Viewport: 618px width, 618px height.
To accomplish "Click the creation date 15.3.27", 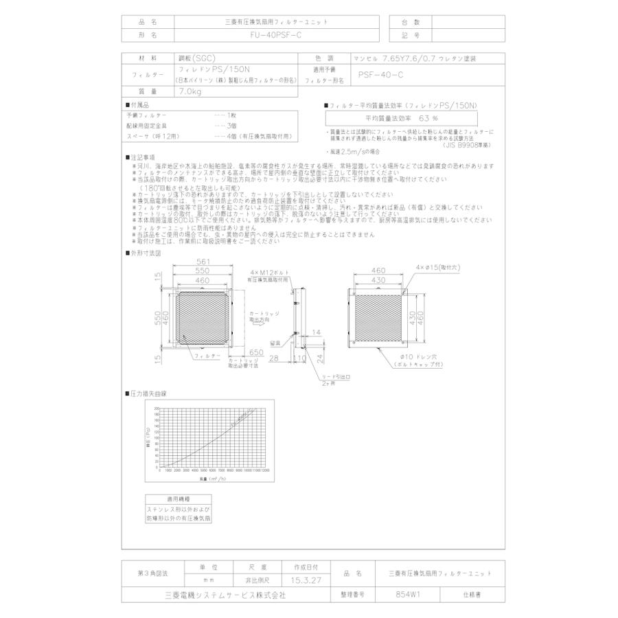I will pyautogui.click(x=306, y=580).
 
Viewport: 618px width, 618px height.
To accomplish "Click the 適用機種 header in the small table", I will pyautogui.click(x=179, y=500).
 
